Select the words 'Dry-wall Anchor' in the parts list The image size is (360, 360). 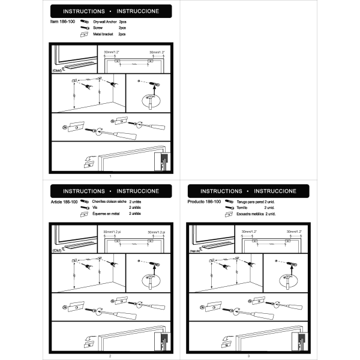pos(105,22)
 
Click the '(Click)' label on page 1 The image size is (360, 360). pos(58,70)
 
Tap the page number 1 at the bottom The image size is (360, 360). pos(110,176)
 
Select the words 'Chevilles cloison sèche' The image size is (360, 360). pos(109,202)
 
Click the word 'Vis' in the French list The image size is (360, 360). pos(95,208)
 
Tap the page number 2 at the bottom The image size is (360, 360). pos(110,356)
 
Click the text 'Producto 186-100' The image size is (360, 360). pos(205,202)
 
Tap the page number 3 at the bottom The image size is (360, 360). pos(248,356)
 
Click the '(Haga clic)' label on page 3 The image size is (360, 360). pos(194,251)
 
